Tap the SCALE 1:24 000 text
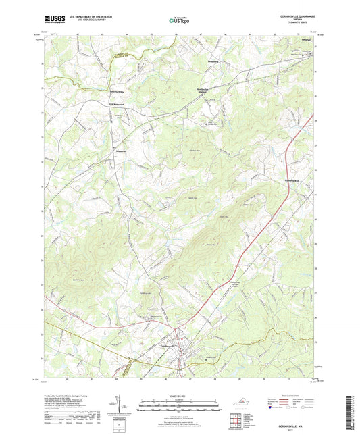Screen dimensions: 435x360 click(x=180, y=396)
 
